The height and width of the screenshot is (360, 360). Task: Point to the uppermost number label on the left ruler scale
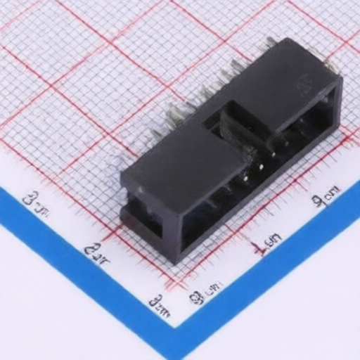(x=36, y=204)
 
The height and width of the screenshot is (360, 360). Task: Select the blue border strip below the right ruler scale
(x=281, y=274)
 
